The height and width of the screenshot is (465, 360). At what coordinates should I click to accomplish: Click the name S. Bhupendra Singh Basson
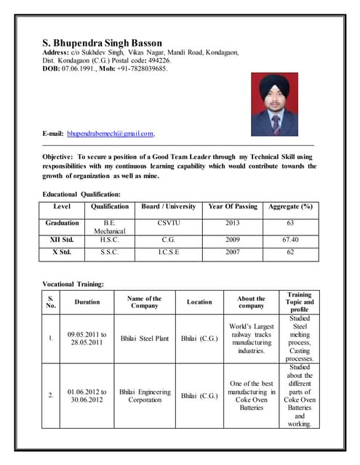(102, 43)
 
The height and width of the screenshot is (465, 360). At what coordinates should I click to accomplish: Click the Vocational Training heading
(73, 283)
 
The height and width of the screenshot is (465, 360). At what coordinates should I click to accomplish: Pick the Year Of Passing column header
(232, 206)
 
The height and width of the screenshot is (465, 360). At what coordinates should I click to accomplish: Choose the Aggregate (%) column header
(290, 206)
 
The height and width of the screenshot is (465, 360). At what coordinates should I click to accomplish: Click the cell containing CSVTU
(168, 223)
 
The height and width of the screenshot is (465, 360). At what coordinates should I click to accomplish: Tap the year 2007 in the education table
(232, 253)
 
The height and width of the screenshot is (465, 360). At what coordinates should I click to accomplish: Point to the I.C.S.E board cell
(168, 253)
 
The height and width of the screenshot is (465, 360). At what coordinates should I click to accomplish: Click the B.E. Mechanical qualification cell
(110, 227)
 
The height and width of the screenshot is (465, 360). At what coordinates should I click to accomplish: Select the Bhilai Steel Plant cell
(144, 339)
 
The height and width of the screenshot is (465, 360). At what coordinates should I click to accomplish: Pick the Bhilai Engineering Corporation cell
(144, 395)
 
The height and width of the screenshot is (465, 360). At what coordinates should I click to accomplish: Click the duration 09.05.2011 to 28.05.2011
(87, 339)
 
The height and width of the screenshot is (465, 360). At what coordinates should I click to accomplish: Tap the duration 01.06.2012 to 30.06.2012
(87, 395)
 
